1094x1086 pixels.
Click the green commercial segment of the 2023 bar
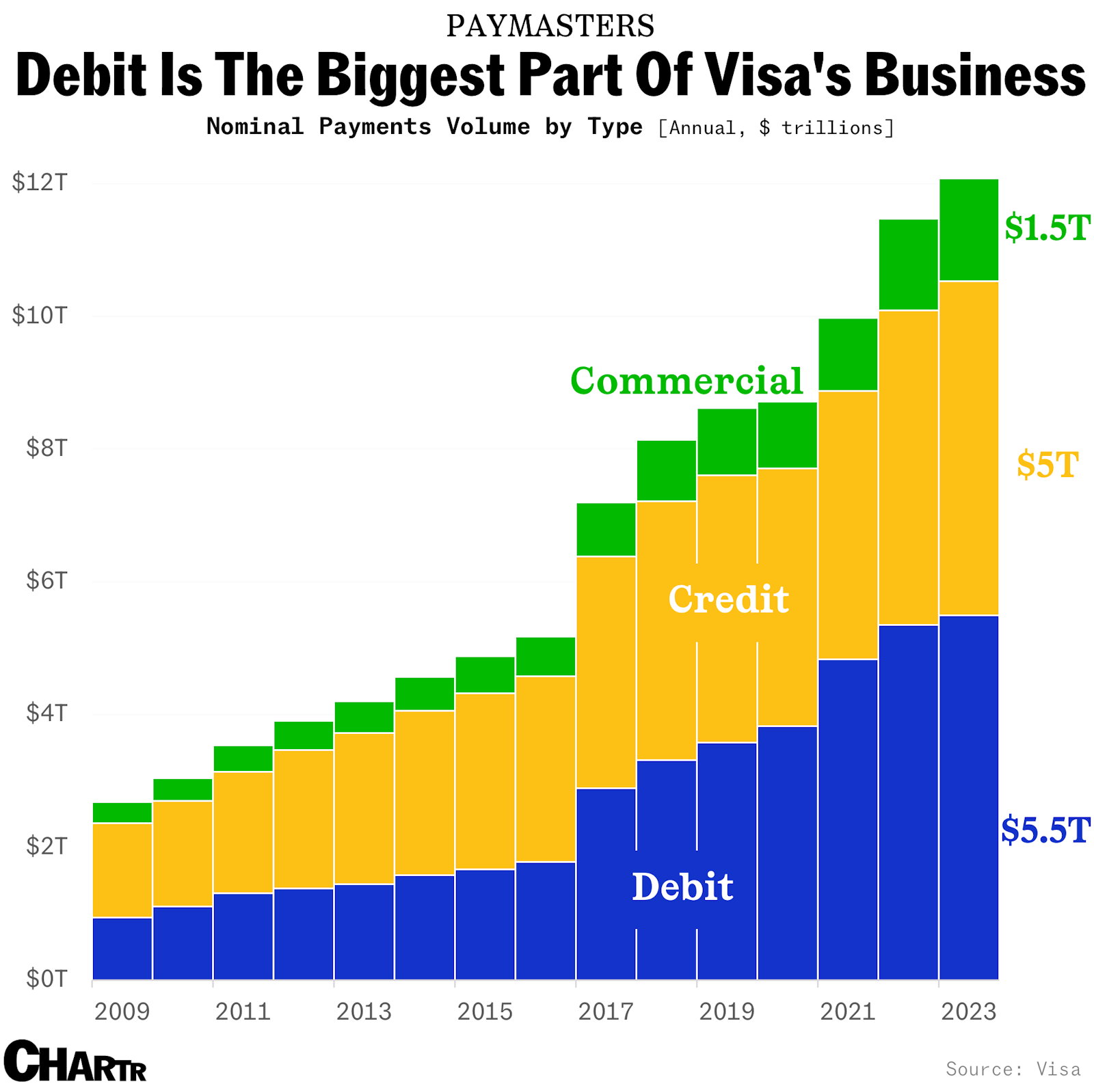[968, 230]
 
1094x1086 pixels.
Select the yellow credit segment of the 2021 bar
[847, 524]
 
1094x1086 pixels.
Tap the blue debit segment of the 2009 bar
[122, 948]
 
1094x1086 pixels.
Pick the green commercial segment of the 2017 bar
[606, 529]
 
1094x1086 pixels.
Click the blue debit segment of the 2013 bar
[364, 932]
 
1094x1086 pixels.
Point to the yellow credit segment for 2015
[485, 780]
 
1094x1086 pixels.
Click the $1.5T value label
[1046, 228]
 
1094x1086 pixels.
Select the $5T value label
[1047, 465]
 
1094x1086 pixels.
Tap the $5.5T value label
[1045, 830]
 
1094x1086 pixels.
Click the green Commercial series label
[686, 381]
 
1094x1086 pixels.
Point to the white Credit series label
[728, 599]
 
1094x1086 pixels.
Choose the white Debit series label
[682, 886]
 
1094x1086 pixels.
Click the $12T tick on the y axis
[40, 182]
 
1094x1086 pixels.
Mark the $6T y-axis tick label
[46, 581]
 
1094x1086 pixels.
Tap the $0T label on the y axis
[46, 979]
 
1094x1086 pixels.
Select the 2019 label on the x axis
[726, 1012]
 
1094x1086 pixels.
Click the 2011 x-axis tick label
[243, 1012]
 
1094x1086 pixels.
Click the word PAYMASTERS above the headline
[550, 26]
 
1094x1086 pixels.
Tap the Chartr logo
[75, 1061]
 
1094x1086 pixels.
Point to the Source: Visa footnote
[1013, 1069]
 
